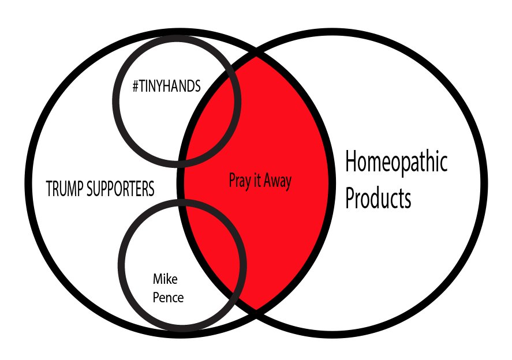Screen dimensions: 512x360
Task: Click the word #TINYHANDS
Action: click(x=166, y=87)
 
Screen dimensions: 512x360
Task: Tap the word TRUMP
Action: click(x=65, y=189)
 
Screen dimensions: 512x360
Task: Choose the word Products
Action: click(x=378, y=198)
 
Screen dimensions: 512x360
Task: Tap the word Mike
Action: click(x=165, y=280)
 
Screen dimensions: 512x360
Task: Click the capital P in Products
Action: click(x=350, y=198)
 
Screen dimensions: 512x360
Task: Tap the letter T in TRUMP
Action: click(x=49, y=189)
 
